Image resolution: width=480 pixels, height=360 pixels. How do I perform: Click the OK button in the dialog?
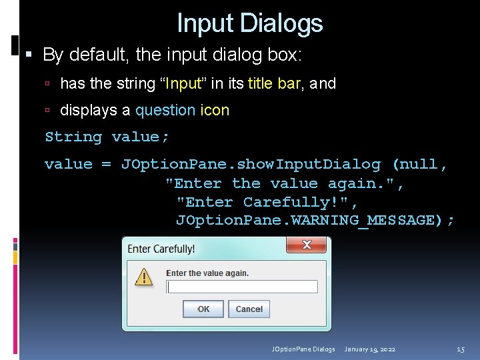(x=203, y=309)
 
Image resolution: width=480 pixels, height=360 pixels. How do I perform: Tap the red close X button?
(x=306, y=245)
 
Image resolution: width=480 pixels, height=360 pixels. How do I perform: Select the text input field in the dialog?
(x=242, y=287)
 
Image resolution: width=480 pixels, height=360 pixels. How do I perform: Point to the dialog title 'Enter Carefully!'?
(x=161, y=249)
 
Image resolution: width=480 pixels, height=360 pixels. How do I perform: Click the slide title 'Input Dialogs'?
(x=249, y=24)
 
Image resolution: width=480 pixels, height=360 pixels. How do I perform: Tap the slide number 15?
(x=460, y=349)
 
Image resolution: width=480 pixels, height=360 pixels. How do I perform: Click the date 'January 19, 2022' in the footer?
(x=370, y=349)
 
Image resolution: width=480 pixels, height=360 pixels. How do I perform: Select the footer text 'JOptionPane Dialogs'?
(x=303, y=349)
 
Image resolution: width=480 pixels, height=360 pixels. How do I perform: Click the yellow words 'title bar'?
(x=273, y=83)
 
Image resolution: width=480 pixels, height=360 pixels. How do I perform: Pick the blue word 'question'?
(x=165, y=110)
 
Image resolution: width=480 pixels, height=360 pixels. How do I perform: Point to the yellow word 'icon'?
(x=215, y=110)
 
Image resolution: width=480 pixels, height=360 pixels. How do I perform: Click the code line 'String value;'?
(x=107, y=137)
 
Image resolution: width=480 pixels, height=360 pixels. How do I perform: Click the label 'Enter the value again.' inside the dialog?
(x=207, y=273)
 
